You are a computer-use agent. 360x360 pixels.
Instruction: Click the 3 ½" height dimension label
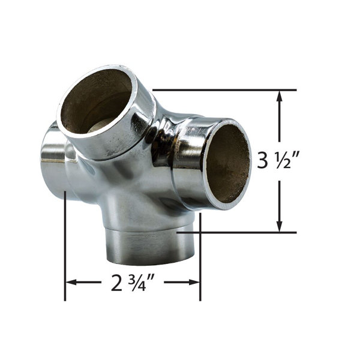(x=278, y=160)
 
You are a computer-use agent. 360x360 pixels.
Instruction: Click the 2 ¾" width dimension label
(x=132, y=282)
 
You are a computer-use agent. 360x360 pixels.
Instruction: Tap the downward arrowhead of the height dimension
(x=279, y=226)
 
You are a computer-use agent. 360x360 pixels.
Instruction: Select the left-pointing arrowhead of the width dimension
(x=71, y=282)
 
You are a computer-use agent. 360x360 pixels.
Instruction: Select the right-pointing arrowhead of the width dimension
(x=194, y=282)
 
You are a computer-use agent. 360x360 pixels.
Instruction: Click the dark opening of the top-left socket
(x=97, y=101)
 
